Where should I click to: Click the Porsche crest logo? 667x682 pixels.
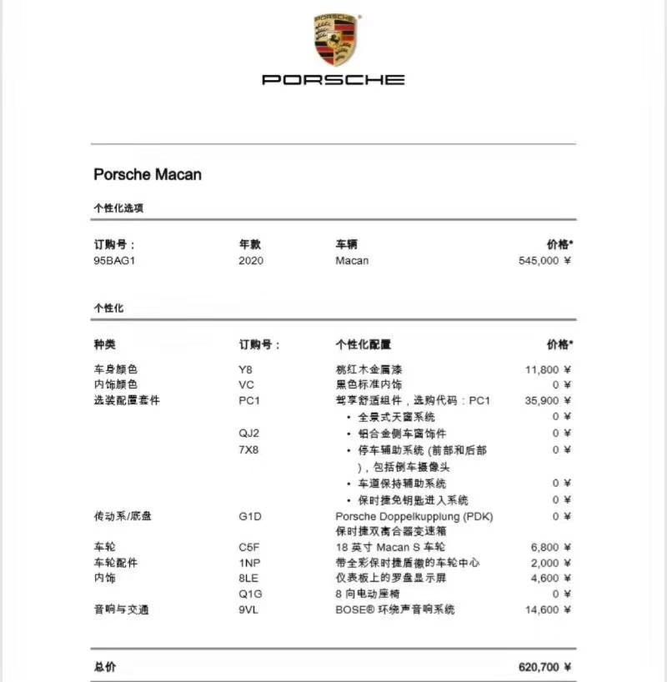coord(336,39)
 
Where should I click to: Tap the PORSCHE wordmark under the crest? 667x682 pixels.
coord(333,80)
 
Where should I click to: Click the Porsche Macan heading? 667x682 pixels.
coord(148,175)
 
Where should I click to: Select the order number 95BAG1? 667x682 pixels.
coord(113,261)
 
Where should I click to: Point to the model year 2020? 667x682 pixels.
coord(250,261)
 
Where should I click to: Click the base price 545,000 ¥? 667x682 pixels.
coord(544,261)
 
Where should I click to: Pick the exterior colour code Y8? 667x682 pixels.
coord(245,369)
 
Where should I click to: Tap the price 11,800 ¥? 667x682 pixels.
coord(548,369)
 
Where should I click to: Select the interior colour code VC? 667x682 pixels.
coord(246,385)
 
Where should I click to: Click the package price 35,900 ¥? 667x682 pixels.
coord(548,401)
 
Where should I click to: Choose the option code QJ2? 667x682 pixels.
coord(249,434)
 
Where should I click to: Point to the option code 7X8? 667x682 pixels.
coord(249,450)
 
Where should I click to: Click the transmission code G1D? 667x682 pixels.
coord(250,517)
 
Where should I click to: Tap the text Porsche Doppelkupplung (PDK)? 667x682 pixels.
coord(414,517)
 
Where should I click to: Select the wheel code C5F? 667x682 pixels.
coord(249,548)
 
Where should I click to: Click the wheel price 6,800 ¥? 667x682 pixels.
coord(551,548)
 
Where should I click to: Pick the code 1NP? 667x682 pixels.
coord(249,563)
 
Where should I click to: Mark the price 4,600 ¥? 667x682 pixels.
coord(551,579)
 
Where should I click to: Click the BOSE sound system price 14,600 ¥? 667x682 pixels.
coord(548,610)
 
